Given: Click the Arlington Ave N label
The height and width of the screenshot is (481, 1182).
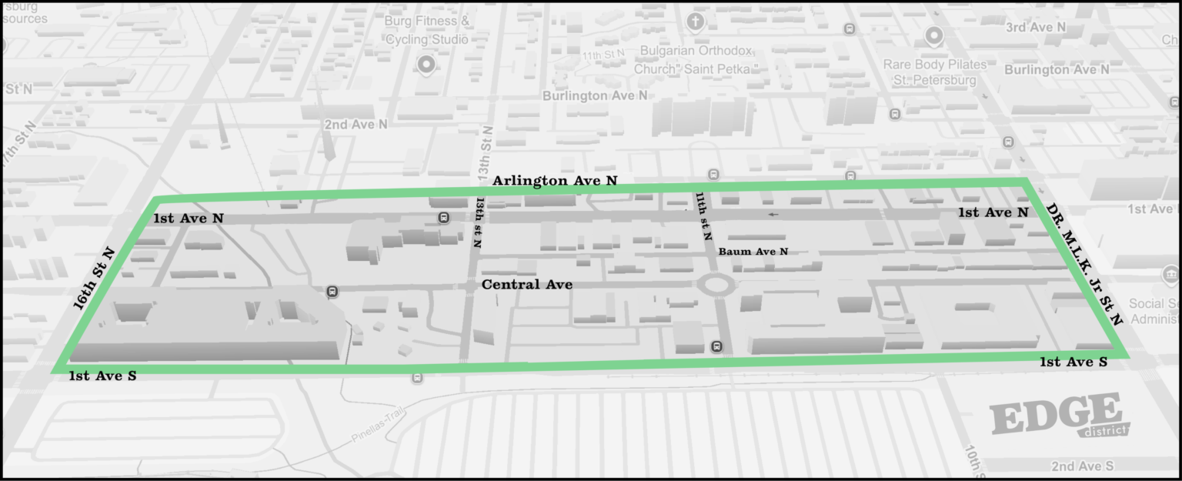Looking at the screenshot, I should [555, 181].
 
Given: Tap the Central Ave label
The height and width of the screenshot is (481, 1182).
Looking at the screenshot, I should [527, 285].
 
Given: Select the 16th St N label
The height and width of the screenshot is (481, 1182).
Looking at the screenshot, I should [93, 279].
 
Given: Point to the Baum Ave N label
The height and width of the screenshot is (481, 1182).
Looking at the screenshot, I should [753, 252].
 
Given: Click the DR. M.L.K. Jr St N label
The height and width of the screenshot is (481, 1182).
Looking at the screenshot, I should [1083, 263].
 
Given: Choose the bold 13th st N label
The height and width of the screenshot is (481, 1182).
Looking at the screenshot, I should [478, 222].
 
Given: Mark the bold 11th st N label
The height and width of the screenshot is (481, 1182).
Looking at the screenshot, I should [703, 219].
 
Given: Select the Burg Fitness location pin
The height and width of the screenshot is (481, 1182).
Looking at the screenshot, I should [426, 64].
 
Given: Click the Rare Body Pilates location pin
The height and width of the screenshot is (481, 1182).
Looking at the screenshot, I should [934, 35].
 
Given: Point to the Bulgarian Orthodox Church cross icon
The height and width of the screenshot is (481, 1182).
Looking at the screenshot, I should [696, 22].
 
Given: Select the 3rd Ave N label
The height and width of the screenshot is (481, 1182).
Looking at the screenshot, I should [1036, 28].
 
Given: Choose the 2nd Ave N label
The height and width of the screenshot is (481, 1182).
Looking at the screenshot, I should [356, 124].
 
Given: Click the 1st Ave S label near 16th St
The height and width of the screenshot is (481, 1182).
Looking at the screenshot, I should [102, 376].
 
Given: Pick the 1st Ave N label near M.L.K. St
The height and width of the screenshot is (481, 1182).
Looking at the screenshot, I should [993, 212].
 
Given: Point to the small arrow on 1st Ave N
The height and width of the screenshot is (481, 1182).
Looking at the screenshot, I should [773, 214].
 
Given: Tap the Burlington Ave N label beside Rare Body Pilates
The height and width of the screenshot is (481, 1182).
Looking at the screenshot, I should [1057, 69].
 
